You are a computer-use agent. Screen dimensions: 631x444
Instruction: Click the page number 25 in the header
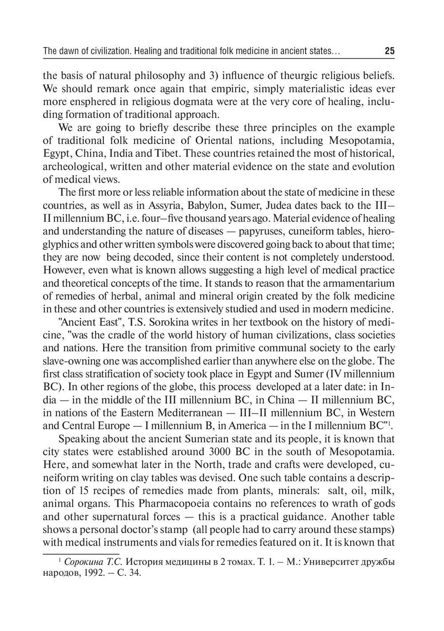(389, 51)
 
